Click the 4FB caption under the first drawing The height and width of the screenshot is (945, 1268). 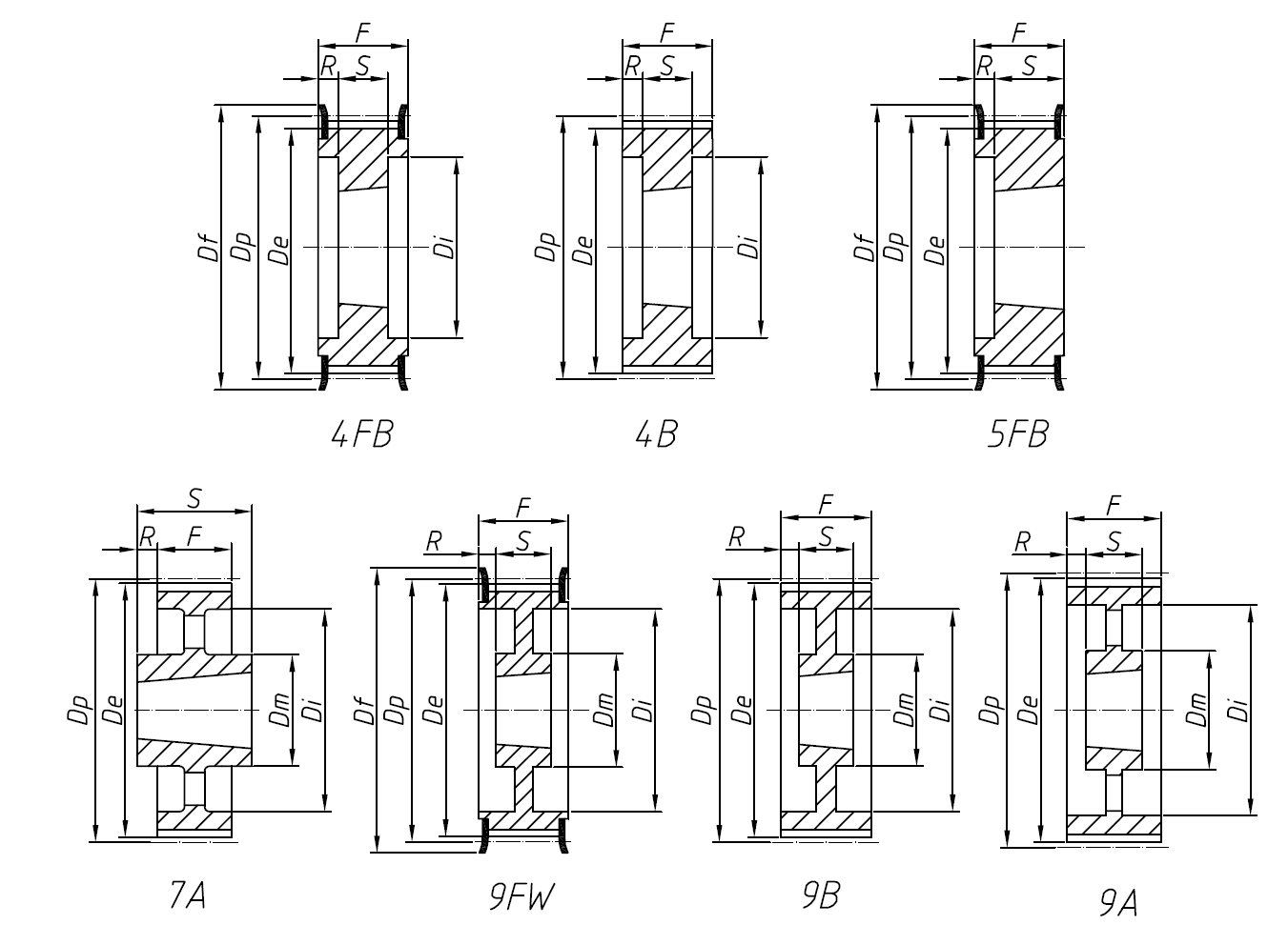(361, 434)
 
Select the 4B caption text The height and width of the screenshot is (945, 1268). (656, 434)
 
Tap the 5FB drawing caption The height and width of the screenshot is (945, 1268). (1018, 434)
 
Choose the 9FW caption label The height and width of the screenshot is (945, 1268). (522, 896)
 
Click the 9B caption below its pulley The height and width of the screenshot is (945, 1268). (821, 895)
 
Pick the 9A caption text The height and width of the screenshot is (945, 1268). (1118, 901)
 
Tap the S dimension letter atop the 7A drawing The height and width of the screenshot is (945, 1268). (194, 497)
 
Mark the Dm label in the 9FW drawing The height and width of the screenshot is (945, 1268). (603, 710)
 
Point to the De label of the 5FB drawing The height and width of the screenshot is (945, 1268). (935, 250)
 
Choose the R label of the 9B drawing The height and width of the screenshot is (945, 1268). (736, 538)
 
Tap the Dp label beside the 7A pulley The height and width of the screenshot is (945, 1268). (79, 710)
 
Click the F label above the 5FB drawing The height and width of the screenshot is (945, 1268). (1018, 32)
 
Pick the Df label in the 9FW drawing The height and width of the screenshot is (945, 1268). (364, 710)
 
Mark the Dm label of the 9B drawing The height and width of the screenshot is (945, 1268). (903, 710)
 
